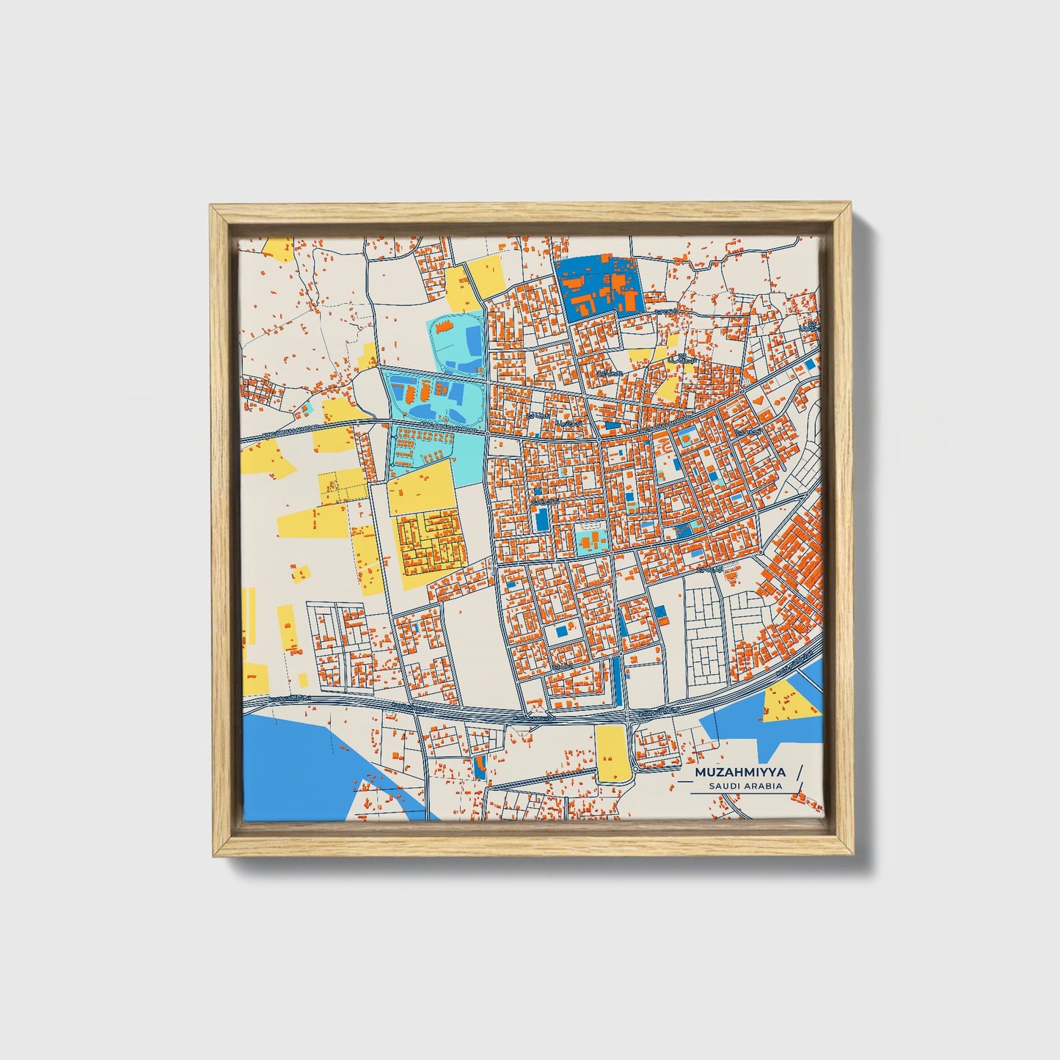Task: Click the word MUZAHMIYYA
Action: tap(741, 772)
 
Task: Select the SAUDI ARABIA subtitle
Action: tap(745, 786)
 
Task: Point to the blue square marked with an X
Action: tap(809, 364)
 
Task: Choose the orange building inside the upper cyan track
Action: tap(445, 326)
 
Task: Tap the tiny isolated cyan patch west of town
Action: tap(310, 406)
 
